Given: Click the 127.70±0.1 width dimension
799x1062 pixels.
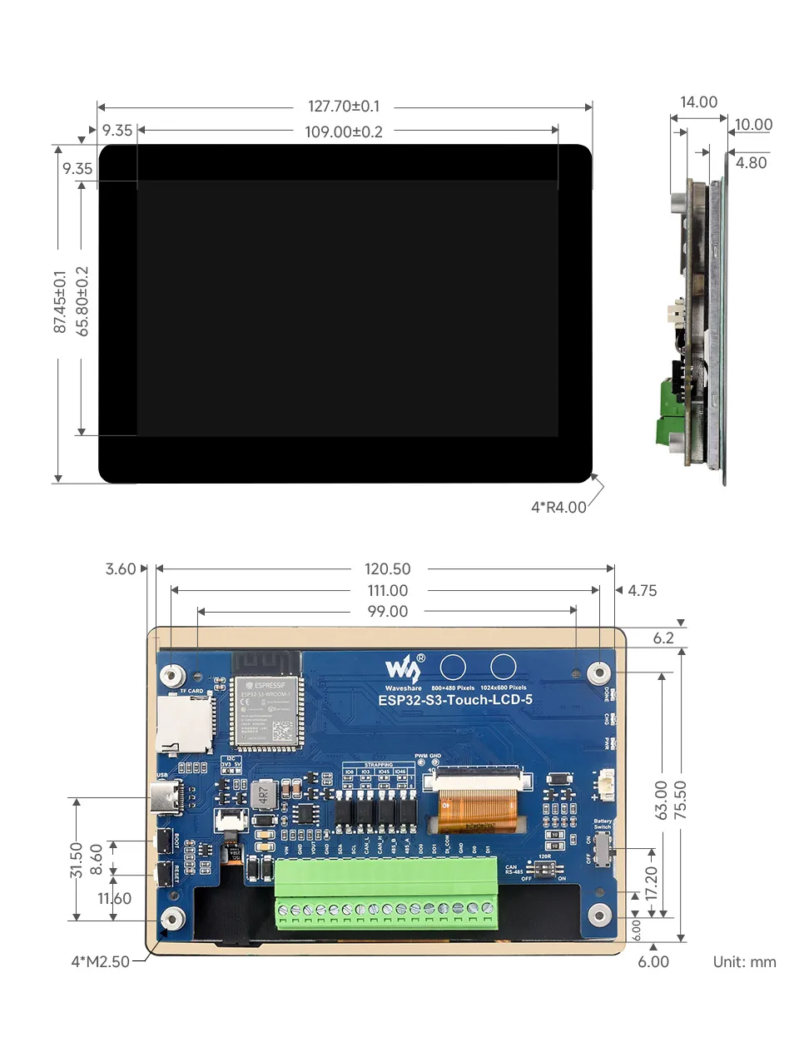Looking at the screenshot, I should (344, 107).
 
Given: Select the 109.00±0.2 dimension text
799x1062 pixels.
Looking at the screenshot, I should (344, 132).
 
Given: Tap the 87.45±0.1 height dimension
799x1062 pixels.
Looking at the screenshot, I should (59, 301).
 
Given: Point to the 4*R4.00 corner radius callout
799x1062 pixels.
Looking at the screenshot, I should (558, 507).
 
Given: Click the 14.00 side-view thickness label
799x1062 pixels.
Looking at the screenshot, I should (698, 102).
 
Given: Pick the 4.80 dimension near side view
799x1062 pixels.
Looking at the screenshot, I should (751, 163).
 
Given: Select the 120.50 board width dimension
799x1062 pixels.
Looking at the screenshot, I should (387, 568).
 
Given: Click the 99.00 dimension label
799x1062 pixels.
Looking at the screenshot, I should (387, 611).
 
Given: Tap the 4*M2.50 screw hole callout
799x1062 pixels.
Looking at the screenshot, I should (100, 961).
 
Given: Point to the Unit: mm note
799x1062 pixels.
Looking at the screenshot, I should (744, 961).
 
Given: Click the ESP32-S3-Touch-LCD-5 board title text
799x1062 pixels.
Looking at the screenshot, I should (455, 700).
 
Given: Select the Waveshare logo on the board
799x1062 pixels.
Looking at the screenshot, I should (404, 670).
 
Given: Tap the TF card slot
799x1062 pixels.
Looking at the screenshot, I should (184, 722).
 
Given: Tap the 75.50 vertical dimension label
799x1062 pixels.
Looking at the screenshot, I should (681, 800).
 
